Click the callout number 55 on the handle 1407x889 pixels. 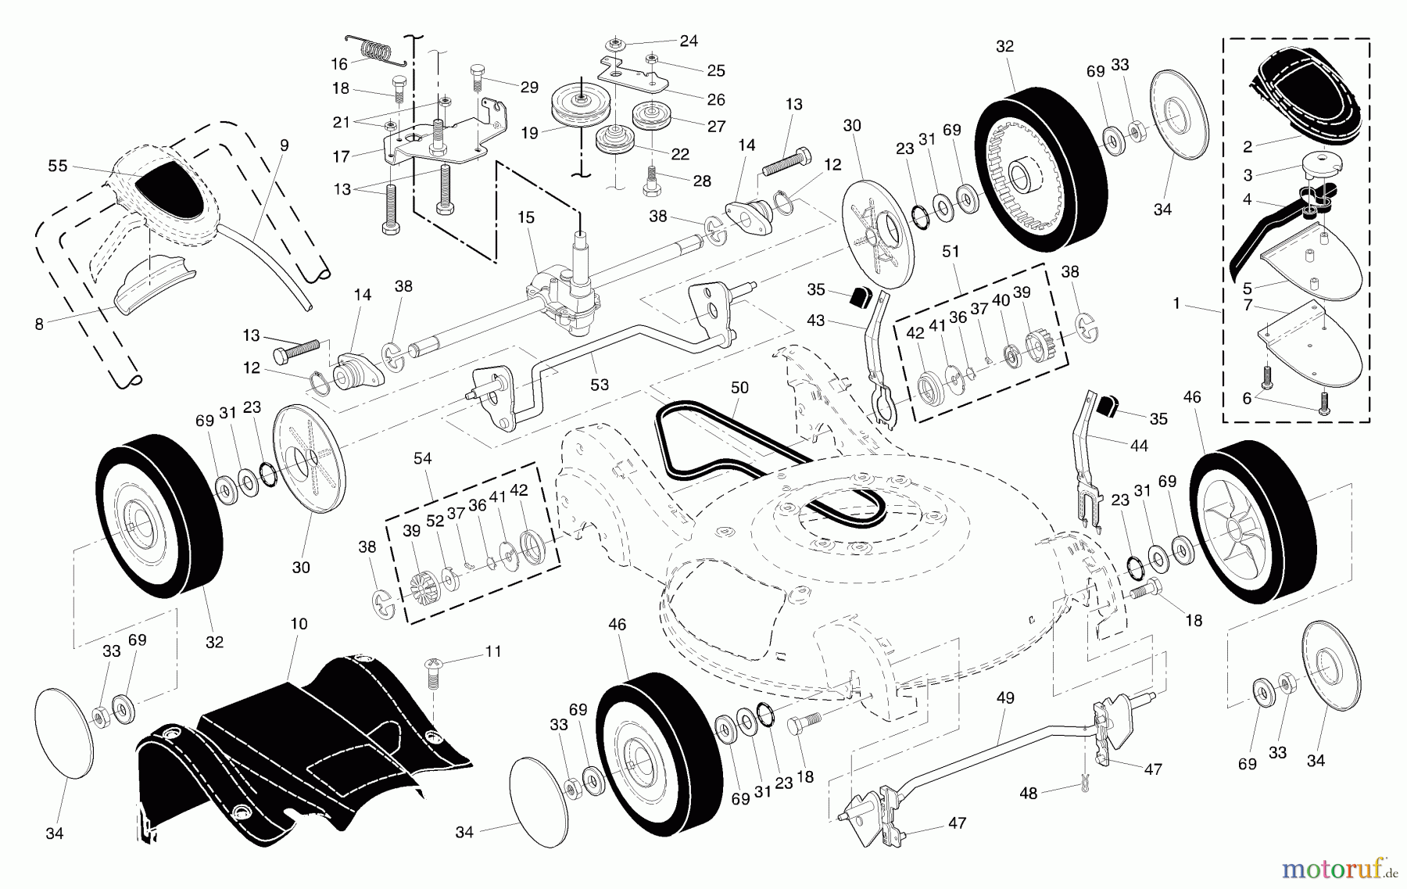(x=58, y=166)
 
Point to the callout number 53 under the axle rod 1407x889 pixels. (x=600, y=384)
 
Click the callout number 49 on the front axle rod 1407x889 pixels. (x=1005, y=697)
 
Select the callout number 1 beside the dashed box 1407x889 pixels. (x=1176, y=303)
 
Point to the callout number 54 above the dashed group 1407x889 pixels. (x=422, y=458)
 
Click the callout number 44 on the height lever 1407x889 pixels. (x=1139, y=445)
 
